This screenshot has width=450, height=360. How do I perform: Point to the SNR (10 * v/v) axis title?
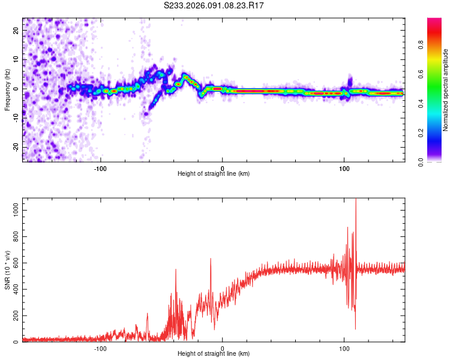tap(7, 270)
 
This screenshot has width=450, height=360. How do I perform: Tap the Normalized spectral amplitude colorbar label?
tap(446, 90)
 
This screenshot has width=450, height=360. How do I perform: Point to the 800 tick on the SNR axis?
tap(14, 233)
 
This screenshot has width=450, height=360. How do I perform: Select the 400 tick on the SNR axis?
tap(14, 288)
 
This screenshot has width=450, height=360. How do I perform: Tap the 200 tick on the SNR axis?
tap(14, 316)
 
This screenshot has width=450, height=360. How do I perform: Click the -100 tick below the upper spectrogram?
tap(100, 168)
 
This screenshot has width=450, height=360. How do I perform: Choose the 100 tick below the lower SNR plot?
tap(344, 348)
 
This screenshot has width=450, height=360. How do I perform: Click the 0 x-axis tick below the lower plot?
tap(223, 348)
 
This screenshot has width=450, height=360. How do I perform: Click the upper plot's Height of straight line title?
tap(214, 174)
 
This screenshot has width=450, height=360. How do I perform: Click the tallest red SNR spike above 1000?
tap(356, 201)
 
